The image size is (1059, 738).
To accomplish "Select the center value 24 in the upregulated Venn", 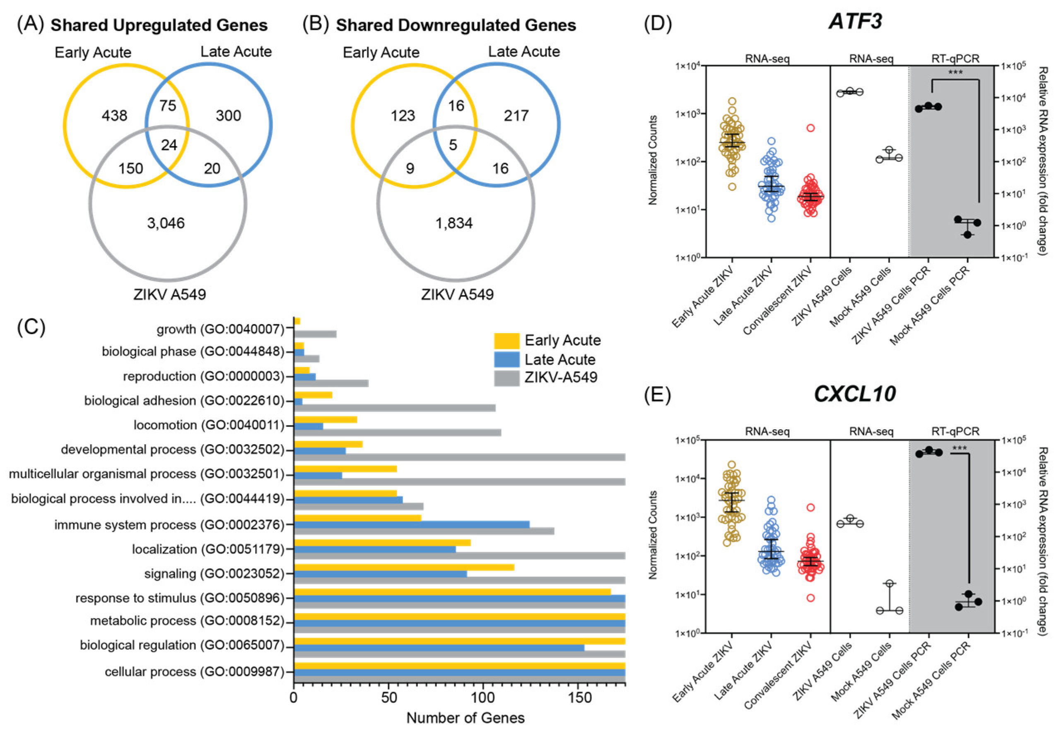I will point(169,145).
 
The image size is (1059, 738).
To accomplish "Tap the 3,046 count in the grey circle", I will point(166,223).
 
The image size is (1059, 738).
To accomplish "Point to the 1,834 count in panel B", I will point(454,223).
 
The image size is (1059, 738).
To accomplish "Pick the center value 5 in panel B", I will point(453,145).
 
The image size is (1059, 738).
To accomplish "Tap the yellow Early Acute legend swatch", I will point(507,341).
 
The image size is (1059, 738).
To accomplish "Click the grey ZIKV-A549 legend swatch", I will point(507,377).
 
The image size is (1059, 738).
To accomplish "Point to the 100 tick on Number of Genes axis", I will point(483,697).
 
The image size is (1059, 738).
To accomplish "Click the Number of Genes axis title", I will point(465,718).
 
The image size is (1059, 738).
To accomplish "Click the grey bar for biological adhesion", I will point(394,408).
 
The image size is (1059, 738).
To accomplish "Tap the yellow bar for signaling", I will point(404,567).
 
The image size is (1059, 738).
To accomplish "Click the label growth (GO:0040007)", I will point(220,329).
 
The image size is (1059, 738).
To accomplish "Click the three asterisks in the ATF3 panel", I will point(955,72).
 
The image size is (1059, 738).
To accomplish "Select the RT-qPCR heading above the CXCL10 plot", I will point(955,431).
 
